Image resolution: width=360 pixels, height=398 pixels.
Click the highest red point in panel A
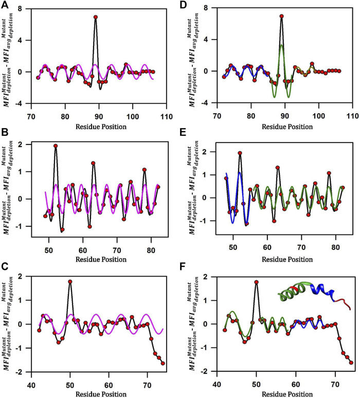point(96,17)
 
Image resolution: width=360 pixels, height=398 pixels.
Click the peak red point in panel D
point(281,16)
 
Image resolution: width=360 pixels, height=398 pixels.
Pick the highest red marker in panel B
point(56,146)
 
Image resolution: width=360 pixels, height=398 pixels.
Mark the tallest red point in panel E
point(240,153)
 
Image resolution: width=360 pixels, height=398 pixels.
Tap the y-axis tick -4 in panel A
point(20,103)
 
